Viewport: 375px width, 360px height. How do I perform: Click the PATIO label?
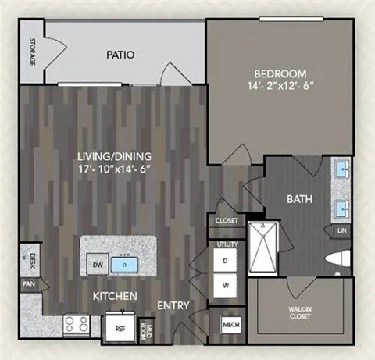pyautogui.click(x=120, y=55)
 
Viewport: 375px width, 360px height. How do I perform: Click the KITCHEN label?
pyautogui.click(x=116, y=297)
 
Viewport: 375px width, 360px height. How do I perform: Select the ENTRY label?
pyautogui.click(x=173, y=305)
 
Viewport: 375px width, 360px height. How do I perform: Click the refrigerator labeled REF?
pyautogui.click(x=120, y=329)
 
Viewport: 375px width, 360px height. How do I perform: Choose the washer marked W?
pyautogui.click(x=226, y=286)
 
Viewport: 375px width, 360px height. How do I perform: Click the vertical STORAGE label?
pyautogui.click(x=32, y=52)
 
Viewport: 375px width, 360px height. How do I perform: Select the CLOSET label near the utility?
pyautogui.click(x=227, y=222)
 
